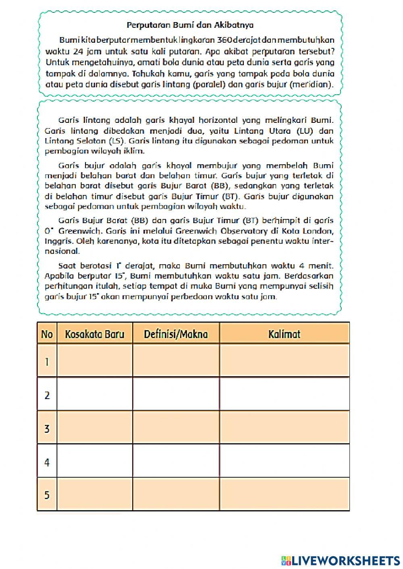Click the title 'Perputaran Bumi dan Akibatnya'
pyautogui.click(x=190, y=25)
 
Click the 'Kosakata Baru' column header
pyautogui.click(x=95, y=334)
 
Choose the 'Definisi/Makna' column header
pyautogui.click(x=176, y=334)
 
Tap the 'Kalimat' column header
pyautogui.click(x=284, y=334)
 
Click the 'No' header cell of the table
pyautogui.click(x=47, y=334)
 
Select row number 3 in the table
pyautogui.click(x=47, y=428)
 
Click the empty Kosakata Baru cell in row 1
pyautogui.click(x=95, y=361)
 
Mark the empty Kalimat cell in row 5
pyautogui.click(x=284, y=495)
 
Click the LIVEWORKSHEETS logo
pyautogui.click(x=341, y=560)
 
